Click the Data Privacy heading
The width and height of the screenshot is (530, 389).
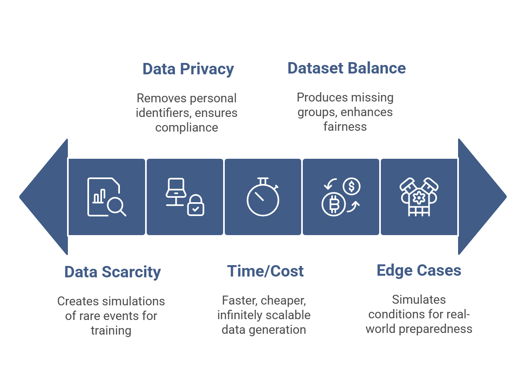[x=188, y=69]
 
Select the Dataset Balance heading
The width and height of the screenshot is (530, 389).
[x=346, y=68]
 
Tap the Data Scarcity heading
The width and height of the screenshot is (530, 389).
[x=113, y=272]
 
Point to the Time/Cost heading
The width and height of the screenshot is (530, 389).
[x=265, y=271]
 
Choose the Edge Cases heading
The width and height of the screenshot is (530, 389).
[x=419, y=270]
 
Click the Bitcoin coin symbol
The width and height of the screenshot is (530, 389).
[x=334, y=204]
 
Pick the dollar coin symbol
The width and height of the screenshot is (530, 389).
[x=352, y=186]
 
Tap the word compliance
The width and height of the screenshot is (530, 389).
[x=187, y=128]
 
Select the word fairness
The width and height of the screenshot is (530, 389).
[x=345, y=127]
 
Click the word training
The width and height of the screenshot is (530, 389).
[x=111, y=331]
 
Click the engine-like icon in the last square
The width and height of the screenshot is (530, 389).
[x=419, y=197]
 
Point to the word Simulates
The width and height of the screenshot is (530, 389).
[x=419, y=300]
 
